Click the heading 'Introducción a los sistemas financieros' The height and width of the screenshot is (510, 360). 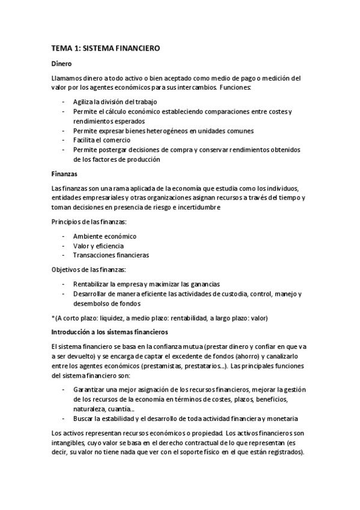109,332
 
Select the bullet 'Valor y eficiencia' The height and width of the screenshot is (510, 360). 99,245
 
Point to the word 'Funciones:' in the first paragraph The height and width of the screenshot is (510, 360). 236,88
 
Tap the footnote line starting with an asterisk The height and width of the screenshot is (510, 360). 159,318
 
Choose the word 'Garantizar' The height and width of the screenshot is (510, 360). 90,390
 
